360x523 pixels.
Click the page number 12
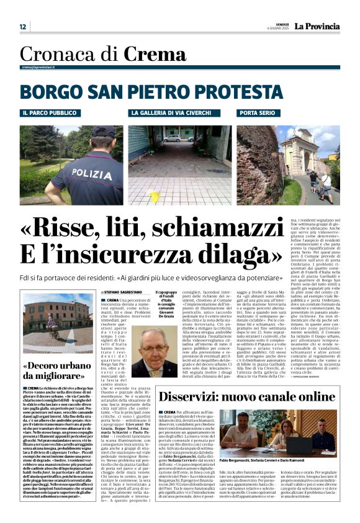click(22, 27)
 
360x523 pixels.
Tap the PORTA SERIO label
click(256, 114)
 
